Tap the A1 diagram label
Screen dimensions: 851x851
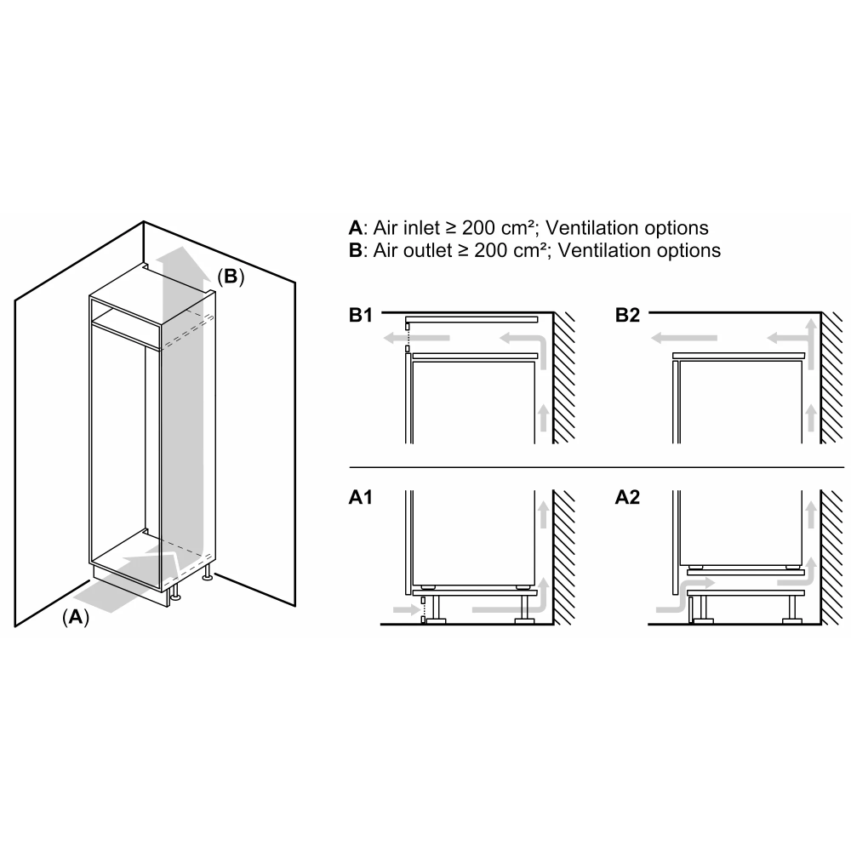point(361,500)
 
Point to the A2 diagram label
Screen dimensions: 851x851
point(627,500)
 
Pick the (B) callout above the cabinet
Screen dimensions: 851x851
point(230,277)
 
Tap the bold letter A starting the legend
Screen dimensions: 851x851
point(355,228)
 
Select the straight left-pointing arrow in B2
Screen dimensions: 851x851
point(684,340)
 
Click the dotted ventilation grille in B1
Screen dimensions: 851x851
point(408,336)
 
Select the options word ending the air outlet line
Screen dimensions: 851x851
point(690,250)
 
